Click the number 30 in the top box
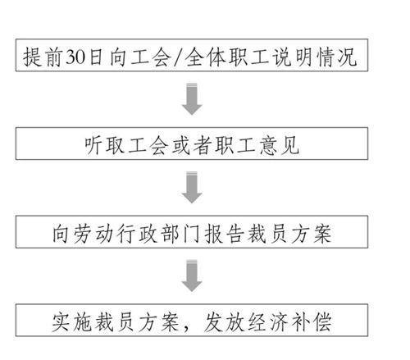coord(75,57)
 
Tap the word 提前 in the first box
coord(42,57)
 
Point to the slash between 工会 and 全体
coord(178,57)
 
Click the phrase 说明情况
coord(315,57)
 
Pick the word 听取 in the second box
coord(104,145)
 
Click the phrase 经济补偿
coord(289,322)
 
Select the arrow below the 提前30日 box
coord(192,99)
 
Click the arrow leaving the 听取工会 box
coord(192,188)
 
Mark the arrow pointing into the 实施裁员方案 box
coord(192,276)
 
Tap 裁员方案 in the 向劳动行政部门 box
coord(289,234)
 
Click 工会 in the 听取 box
coord(148,145)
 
